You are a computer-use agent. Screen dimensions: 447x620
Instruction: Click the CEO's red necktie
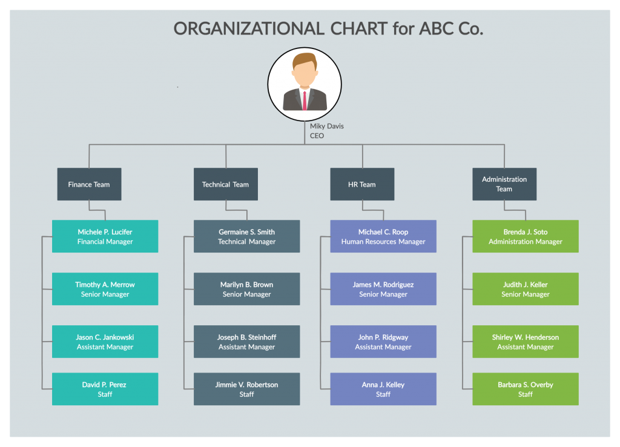[x=304, y=100]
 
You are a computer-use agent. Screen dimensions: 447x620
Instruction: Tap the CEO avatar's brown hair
[x=304, y=60]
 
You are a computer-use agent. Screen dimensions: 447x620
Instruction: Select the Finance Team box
[x=89, y=184]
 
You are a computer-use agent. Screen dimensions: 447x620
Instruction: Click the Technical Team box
[x=225, y=184]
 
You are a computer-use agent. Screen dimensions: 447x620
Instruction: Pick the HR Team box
[x=362, y=184]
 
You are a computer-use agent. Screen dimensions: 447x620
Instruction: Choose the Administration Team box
[x=504, y=184]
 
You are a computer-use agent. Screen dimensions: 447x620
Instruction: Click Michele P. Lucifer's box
[x=105, y=236]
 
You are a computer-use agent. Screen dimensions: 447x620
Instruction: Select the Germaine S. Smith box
[x=246, y=236]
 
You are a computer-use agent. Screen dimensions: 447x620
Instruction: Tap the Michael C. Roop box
[x=383, y=236]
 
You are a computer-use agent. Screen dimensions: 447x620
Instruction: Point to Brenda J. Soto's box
[x=525, y=236]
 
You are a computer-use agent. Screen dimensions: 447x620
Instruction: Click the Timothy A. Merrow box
[x=105, y=289]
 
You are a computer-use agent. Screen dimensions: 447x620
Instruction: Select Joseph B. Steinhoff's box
[x=246, y=342]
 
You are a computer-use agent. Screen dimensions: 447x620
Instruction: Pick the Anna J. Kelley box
[x=383, y=389]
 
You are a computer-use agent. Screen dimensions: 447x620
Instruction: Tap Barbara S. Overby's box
[x=525, y=389]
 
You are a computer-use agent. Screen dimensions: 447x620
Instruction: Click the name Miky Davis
[x=327, y=126]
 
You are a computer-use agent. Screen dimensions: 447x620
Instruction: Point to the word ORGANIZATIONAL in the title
[x=249, y=28]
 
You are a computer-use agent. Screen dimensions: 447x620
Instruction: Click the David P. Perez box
[x=105, y=389]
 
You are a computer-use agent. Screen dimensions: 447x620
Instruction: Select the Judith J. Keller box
[x=525, y=289]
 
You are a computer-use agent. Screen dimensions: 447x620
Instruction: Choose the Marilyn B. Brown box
[x=246, y=289]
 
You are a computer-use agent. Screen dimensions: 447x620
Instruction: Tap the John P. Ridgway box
[x=383, y=342]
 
